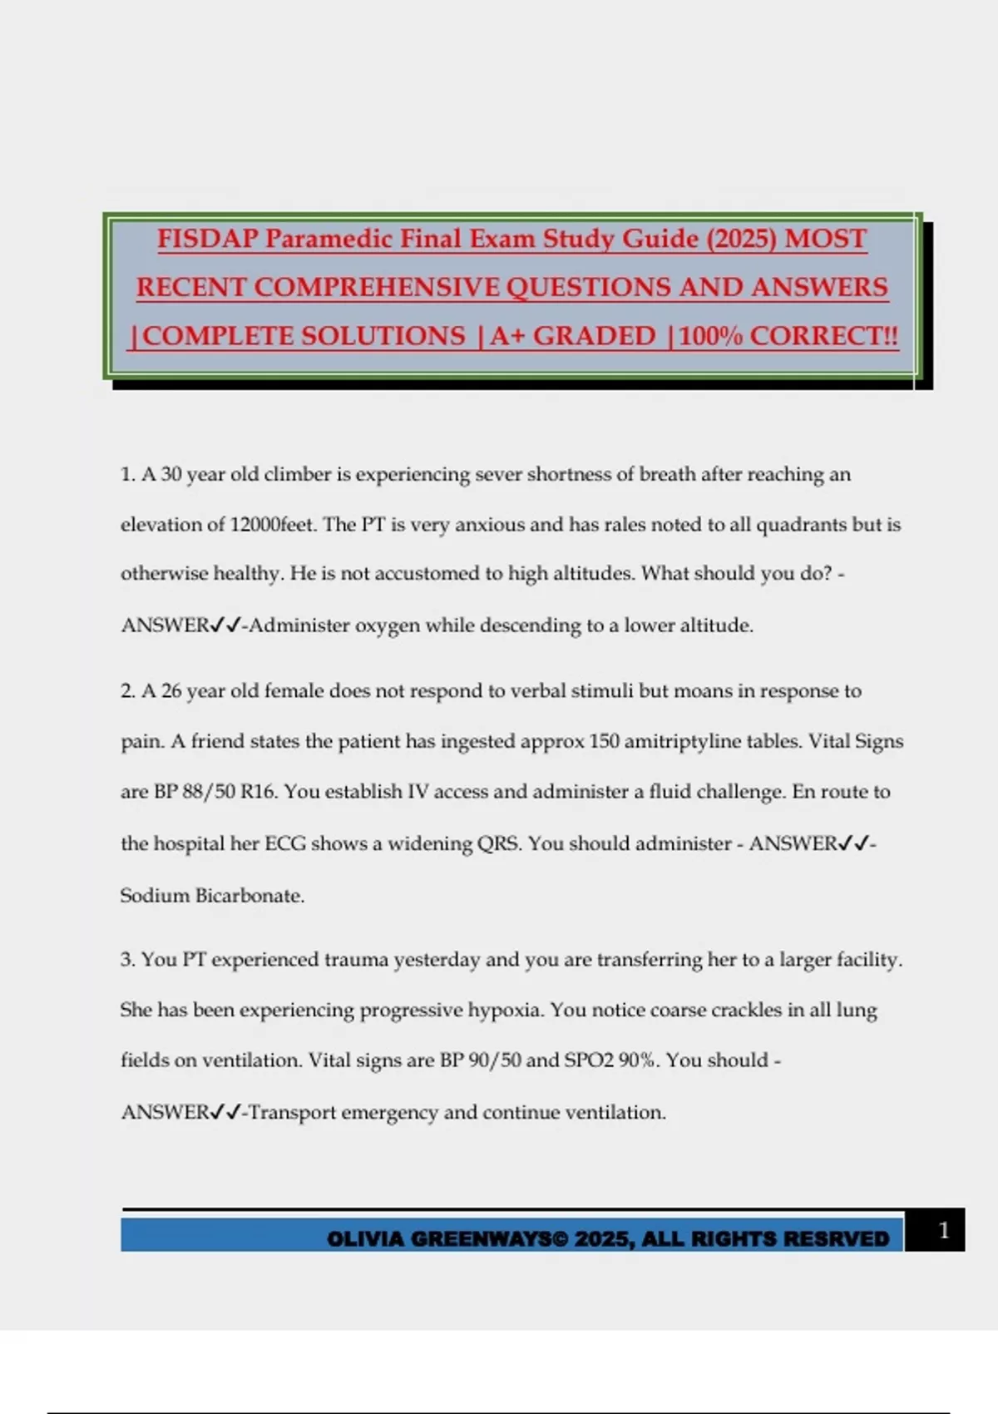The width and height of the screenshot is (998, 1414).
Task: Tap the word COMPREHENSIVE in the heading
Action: pos(377,287)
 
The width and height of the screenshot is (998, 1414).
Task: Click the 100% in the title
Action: pos(711,336)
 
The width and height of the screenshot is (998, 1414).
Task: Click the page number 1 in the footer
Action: pos(943,1230)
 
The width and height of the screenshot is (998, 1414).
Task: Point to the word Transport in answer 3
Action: pos(292,1112)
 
